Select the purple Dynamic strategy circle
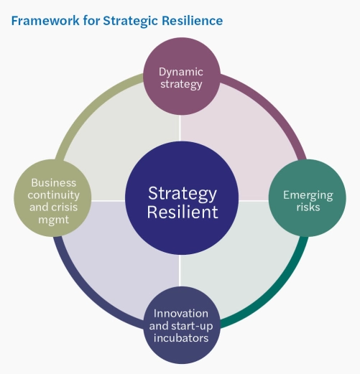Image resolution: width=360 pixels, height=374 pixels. [x=181, y=77]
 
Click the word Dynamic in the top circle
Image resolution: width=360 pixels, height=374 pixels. [x=181, y=71]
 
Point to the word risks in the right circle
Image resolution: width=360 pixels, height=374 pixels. [x=307, y=207]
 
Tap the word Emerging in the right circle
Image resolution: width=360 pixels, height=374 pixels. [x=307, y=195]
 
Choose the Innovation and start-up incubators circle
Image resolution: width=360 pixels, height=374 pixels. [x=181, y=325]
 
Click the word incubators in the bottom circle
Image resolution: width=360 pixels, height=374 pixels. [x=181, y=337]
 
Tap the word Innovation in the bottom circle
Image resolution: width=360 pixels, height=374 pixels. [x=181, y=314]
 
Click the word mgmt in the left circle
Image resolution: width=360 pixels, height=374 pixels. [x=53, y=220]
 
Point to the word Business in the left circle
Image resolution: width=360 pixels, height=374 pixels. [x=53, y=182]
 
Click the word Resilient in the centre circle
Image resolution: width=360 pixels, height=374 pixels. [x=181, y=212]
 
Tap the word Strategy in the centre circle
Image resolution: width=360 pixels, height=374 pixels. [x=181, y=192]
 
